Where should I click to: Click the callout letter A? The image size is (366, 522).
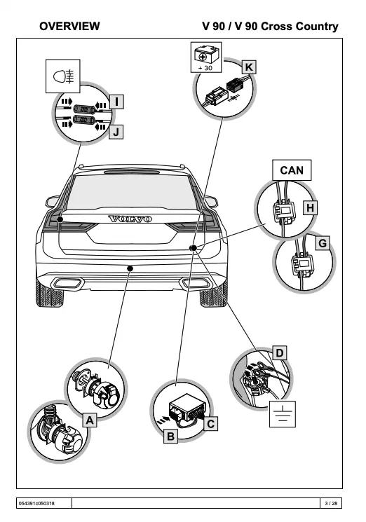90,420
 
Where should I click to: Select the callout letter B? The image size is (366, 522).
170,436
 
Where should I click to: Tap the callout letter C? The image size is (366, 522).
211,424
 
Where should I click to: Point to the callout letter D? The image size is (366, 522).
280,353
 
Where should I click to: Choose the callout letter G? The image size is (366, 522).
323,243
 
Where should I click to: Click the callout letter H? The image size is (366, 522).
310,207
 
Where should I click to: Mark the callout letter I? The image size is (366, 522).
116,102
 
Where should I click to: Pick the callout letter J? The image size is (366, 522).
116,132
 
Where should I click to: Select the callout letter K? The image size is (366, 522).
249,67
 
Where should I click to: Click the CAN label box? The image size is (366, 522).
292,170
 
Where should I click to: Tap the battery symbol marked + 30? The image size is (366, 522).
206,57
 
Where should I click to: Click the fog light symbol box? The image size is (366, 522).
63,76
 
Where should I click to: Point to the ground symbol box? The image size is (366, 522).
283,414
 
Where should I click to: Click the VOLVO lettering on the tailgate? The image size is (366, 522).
130,219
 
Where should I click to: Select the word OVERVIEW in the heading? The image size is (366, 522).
69,27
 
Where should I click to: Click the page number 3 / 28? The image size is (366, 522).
331,503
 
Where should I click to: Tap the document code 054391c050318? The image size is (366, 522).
36,503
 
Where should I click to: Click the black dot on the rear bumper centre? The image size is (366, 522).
130,268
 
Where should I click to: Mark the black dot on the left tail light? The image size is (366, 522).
60,219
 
